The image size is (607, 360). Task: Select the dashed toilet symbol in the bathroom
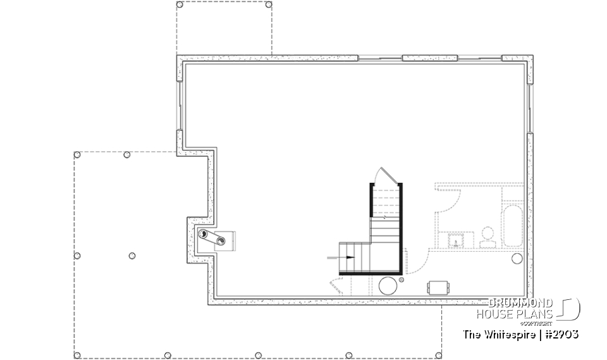pyautogui.click(x=488, y=237)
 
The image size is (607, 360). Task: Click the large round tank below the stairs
pyautogui.click(x=388, y=285)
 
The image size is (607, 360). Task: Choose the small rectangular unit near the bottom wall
pyautogui.click(x=437, y=287)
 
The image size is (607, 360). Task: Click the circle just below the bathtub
pyautogui.click(x=517, y=258)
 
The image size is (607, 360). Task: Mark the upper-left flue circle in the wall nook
pyautogui.click(x=204, y=234)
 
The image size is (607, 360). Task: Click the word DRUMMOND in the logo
pyautogui.click(x=521, y=303)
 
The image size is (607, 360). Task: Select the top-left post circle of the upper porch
pyautogui.click(x=180, y=4)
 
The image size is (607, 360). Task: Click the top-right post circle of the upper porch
pyautogui.click(x=269, y=4)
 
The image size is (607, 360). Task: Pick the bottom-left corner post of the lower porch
pyautogui.click(x=77, y=355)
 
